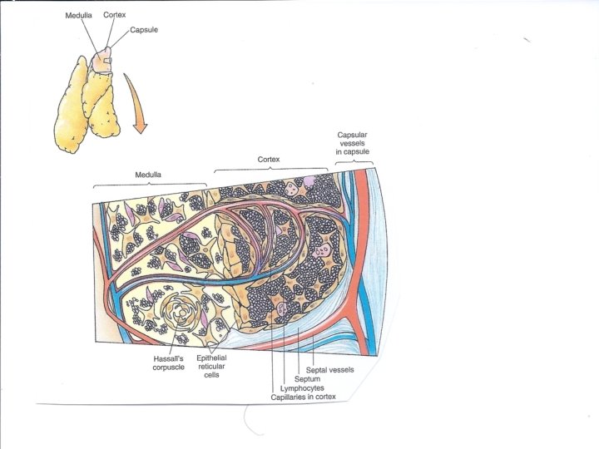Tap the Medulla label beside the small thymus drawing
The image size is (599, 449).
pos(79,15)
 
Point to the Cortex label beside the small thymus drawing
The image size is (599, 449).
pos(115,15)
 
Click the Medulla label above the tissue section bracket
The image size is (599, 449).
pos(151,175)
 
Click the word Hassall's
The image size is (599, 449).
pos(171,358)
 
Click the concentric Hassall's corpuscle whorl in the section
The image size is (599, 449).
pos(181,314)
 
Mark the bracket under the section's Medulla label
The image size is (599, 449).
pos(150,185)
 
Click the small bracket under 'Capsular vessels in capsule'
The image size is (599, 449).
pos(354,163)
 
